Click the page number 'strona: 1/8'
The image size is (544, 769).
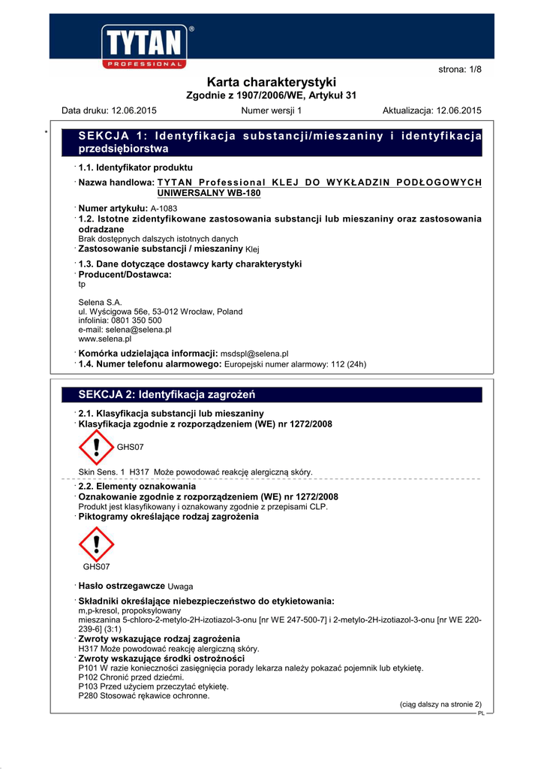pos(459,69)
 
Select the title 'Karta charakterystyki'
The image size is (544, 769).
pos(271,82)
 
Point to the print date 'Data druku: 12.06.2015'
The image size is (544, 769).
pos(109,110)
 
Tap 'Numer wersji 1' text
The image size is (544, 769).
pos(271,110)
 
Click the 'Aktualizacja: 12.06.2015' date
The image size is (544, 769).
pos(431,110)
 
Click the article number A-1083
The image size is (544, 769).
pos(164,208)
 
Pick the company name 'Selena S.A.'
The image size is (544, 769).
pos(100,302)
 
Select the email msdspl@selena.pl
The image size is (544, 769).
pos(254,354)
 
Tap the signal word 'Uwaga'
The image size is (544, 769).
pos(180,586)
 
